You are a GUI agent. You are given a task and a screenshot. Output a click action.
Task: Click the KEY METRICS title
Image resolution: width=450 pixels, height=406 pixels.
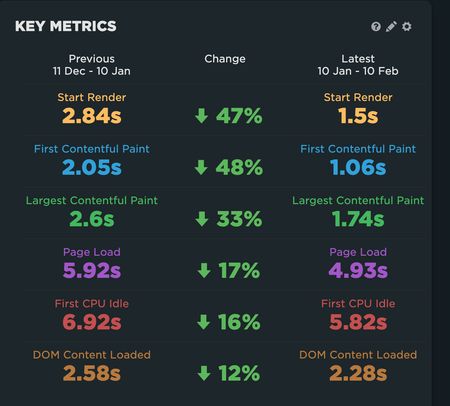65,26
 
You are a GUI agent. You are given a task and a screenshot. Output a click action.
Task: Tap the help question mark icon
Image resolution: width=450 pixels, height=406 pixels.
376,27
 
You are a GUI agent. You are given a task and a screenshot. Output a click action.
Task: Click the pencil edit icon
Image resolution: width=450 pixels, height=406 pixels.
391,27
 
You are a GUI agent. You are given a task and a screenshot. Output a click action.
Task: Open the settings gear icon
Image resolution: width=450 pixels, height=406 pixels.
406,27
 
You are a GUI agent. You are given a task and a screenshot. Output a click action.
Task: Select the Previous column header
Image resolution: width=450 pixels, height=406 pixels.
92,59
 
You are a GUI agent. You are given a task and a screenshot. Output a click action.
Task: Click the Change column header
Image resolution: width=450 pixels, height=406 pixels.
225,59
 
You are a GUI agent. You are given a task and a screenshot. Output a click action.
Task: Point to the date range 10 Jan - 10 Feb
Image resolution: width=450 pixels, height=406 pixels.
358,73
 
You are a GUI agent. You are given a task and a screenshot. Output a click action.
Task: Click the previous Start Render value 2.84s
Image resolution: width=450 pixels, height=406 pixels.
92,116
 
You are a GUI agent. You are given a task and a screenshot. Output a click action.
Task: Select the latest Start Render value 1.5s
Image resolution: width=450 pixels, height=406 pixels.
358,116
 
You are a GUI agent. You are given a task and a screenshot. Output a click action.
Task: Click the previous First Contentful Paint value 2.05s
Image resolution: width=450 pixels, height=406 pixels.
92,167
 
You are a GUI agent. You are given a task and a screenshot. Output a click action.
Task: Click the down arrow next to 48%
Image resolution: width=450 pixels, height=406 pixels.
201,167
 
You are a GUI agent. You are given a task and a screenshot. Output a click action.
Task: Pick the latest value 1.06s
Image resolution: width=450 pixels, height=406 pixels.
358,167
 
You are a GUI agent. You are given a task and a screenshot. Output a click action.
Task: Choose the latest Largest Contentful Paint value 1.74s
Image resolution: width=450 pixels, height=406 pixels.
358,219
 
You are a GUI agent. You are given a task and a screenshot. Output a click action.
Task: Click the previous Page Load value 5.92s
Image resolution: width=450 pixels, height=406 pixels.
92,271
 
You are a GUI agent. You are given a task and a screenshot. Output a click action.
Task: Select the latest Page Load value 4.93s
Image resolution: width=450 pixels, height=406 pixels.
358,271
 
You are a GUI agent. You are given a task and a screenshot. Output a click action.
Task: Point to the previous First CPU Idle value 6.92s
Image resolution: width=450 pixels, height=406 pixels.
92,322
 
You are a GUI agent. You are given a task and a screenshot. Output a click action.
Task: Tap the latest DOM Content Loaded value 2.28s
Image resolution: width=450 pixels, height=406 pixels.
358,374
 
